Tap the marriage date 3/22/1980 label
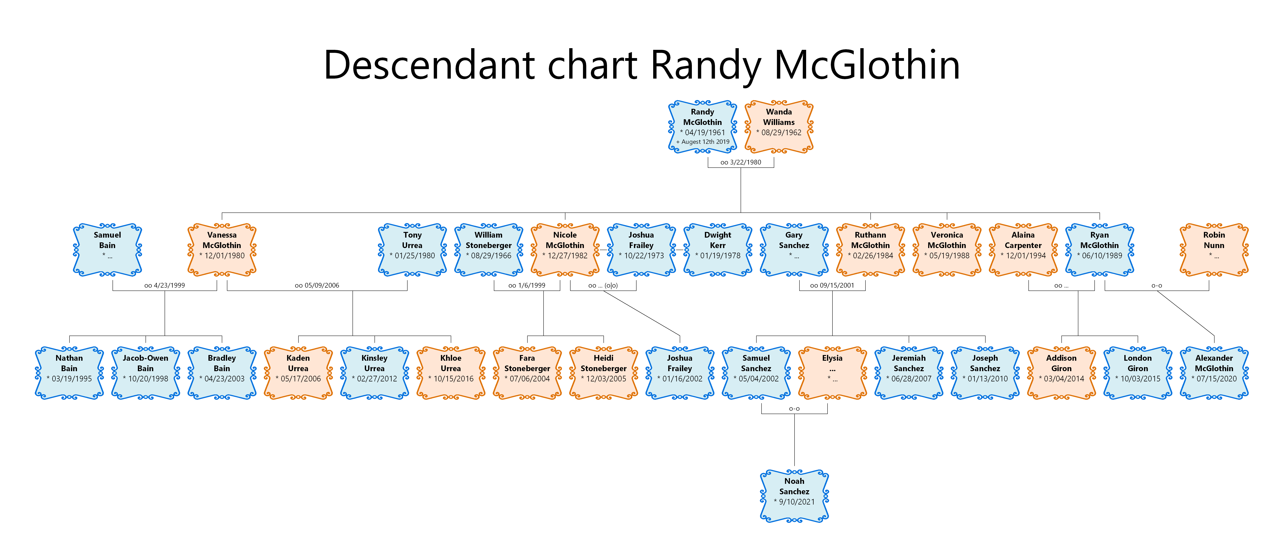[741, 162]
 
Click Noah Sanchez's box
[794, 496]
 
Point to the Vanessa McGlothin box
[222, 250]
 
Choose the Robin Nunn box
[1214, 250]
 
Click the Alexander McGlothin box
[1214, 373]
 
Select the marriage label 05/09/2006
[317, 285]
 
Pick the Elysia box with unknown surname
[832, 373]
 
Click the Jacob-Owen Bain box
[146, 373]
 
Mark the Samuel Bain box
[107, 250]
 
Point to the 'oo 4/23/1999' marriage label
[164, 285]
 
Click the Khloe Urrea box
[451, 373]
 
